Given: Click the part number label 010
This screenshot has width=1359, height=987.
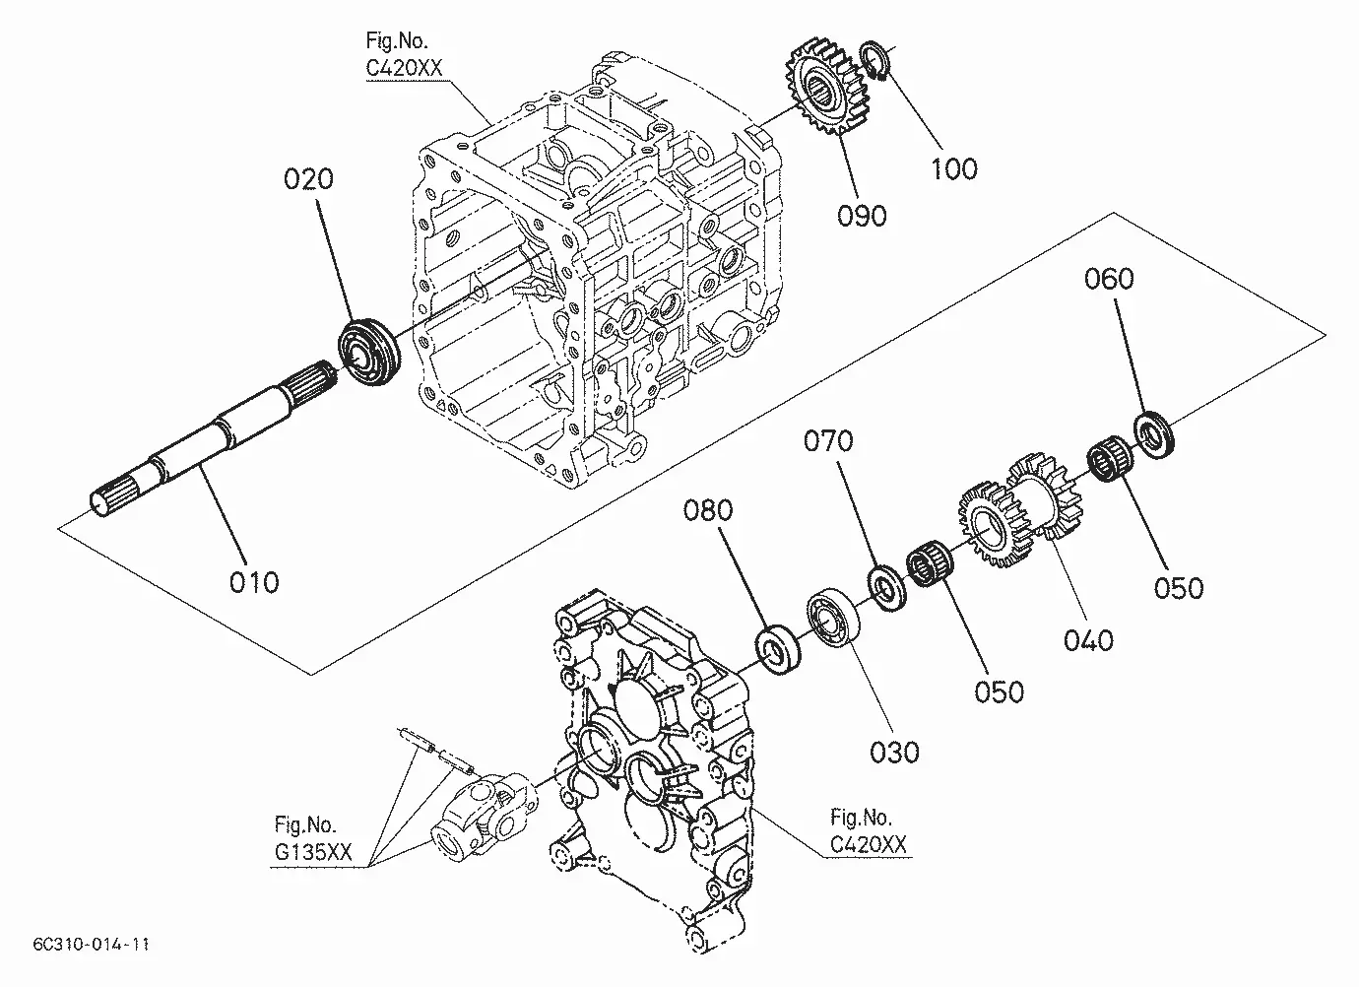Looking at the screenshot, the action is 254,583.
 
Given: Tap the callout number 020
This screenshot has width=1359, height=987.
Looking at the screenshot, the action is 309,179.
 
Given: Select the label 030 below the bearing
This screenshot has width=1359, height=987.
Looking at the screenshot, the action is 894,753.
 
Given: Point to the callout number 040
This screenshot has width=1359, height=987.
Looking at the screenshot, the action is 1088,640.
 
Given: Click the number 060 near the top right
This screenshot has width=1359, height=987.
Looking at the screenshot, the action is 1109,279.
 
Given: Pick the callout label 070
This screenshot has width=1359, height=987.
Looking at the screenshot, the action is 828,440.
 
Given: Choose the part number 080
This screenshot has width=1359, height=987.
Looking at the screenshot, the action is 708,510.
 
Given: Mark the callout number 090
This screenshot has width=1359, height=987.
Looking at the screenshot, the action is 862,216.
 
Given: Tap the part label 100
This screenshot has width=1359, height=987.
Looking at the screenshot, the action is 954,168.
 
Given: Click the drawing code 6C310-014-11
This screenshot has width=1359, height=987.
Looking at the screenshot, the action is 91,945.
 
